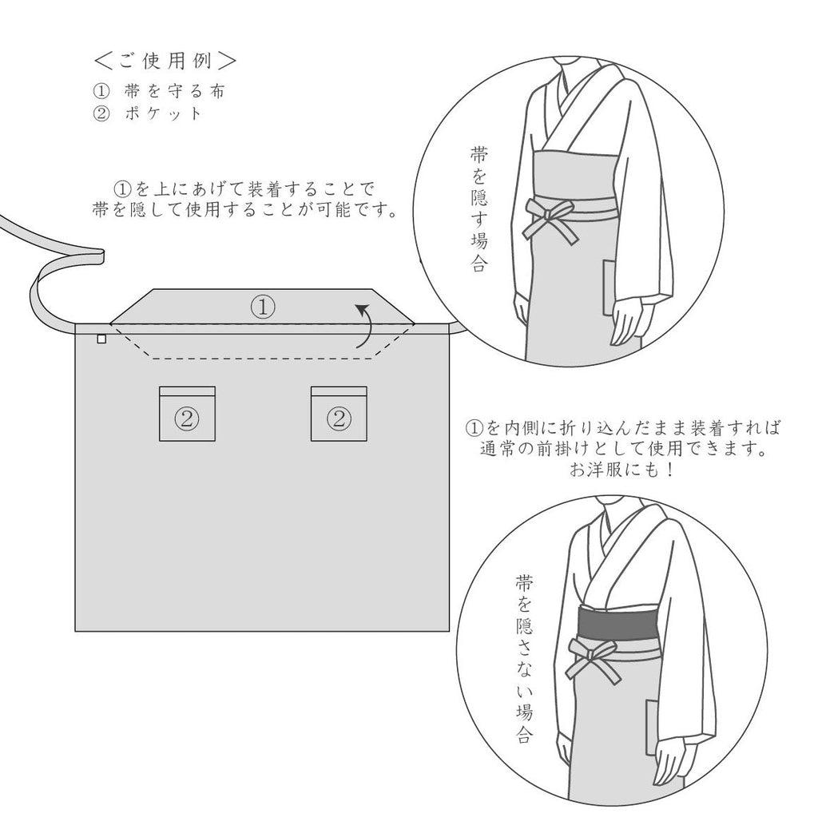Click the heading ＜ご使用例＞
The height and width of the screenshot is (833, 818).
coord(164,61)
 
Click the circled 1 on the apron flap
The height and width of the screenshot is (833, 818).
coord(263,307)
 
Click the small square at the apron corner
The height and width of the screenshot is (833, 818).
coord(101,339)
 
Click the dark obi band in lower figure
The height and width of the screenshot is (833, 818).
coord(615,620)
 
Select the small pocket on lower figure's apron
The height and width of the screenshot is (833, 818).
coord(653,722)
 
